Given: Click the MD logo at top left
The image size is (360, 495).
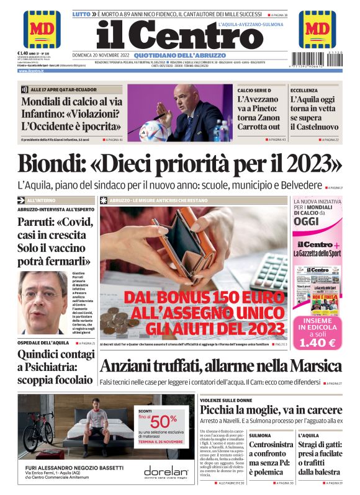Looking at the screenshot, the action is pos(42,29).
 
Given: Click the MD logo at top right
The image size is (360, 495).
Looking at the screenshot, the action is pos(317,29).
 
